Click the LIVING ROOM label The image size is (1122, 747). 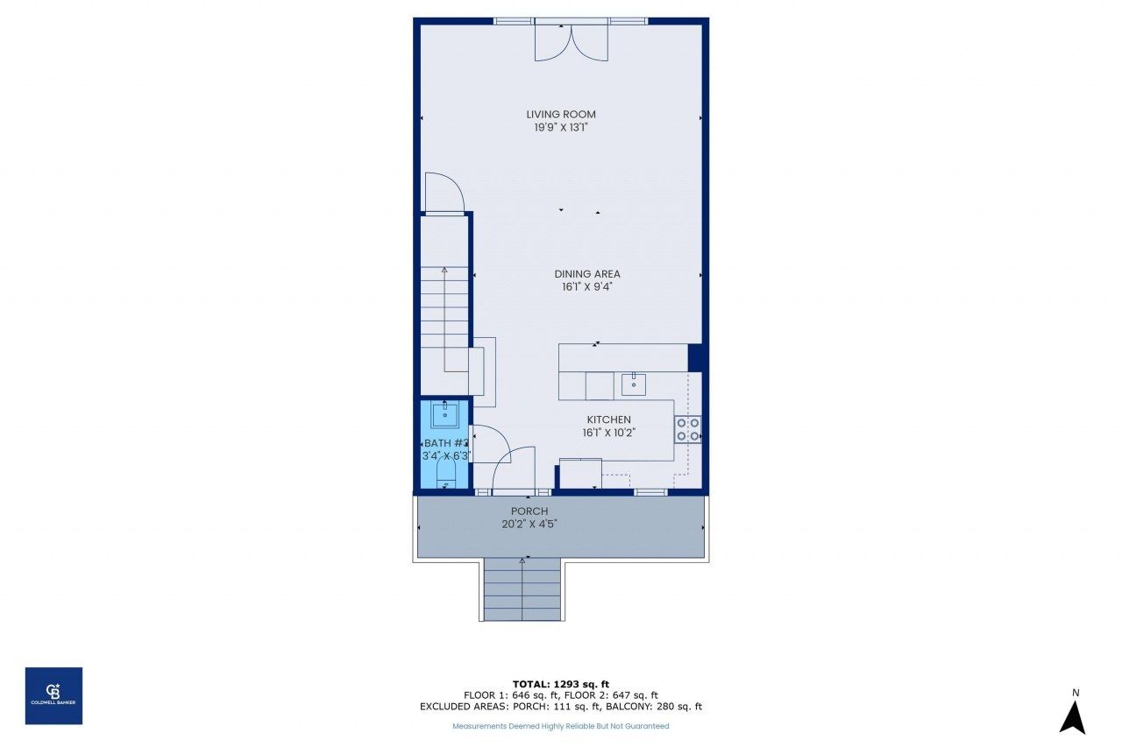(561, 114)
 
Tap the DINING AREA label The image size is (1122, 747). (586, 274)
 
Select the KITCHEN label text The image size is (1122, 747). (608, 419)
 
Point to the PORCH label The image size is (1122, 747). (529, 511)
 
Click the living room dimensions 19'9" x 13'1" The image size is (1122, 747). (561, 128)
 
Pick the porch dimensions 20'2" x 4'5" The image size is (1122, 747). (529, 525)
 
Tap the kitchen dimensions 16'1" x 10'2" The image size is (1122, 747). (608, 433)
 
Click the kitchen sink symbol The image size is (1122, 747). (633, 384)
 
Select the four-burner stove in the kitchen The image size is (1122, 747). (687, 429)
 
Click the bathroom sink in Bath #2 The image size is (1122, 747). (445, 413)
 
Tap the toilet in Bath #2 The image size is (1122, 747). (445, 477)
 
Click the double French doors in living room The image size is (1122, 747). (571, 41)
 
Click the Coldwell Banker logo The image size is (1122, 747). (53, 695)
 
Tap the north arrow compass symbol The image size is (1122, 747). (1073, 714)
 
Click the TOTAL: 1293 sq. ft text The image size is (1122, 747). (561, 684)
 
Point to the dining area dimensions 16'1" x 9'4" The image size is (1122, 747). (586, 286)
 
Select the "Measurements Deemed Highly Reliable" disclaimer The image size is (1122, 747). (560, 726)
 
